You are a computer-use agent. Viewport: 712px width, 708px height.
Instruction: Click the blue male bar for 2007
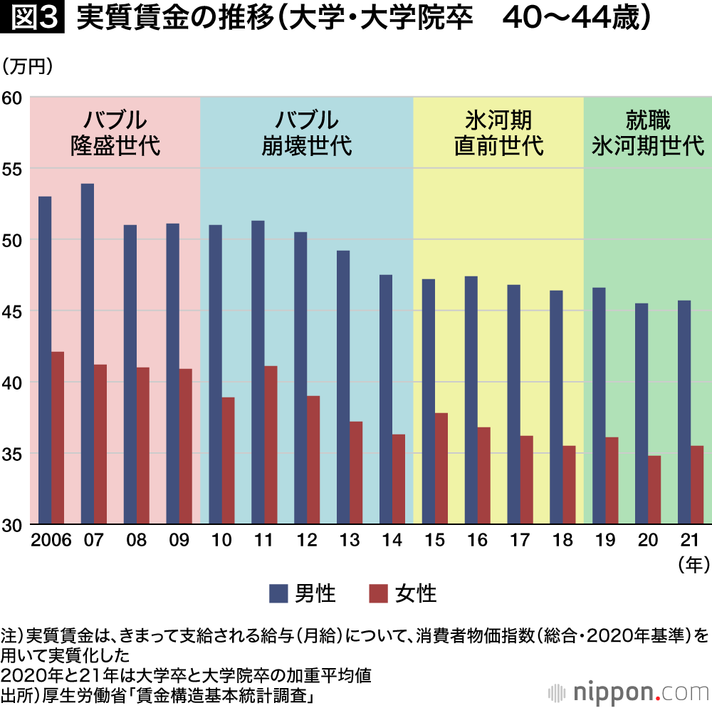click(x=88, y=354)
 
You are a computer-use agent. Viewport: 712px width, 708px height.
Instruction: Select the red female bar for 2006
click(x=58, y=438)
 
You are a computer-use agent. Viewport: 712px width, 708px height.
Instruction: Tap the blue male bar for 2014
click(x=386, y=400)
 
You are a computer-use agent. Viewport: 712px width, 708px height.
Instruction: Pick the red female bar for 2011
click(x=271, y=445)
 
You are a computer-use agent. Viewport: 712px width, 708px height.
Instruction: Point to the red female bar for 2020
click(x=654, y=490)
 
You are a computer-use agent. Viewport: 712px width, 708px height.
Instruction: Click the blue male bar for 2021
click(x=684, y=412)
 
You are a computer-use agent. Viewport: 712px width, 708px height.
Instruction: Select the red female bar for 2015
click(x=441, y=469)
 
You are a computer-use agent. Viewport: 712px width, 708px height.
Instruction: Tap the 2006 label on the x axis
click(x=51, y=541)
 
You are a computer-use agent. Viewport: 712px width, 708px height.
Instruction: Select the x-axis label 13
click(x=350, y=541)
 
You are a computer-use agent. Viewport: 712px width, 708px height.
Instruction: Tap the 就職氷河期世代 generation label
click(x=648, y=133)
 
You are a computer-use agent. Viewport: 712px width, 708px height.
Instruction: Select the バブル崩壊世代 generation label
click(x=307, y=133)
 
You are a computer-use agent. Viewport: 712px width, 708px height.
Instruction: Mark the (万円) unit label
click(x=28, y=68)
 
